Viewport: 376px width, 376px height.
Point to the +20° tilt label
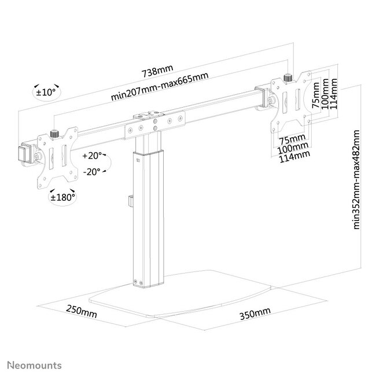92,156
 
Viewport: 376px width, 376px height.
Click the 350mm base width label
256,313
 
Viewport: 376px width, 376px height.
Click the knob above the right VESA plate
287,77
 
